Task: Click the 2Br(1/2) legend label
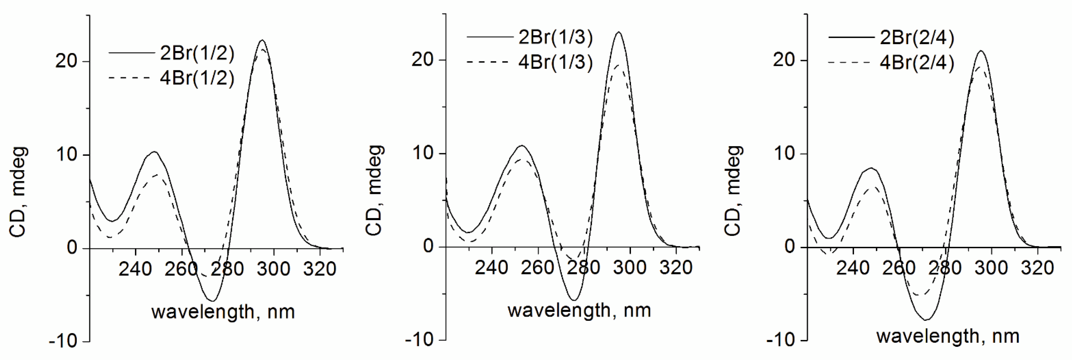[x=197, y=53]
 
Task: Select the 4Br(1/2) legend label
[x=197, y=78]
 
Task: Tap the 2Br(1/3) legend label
[x=555, y=37]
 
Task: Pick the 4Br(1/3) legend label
[x=555, y=62]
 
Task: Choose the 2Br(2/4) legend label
[x=917, y=38]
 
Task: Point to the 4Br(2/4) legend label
[x=917, y=63]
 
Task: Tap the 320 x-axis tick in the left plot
[x=320, y=269]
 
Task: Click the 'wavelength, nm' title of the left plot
[x=223, y=312]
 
